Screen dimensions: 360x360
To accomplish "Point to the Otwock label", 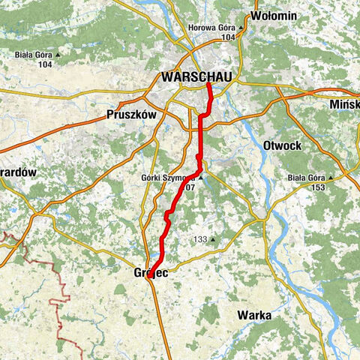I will (x=282, y=143).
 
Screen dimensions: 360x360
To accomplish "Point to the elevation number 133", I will (x=199, y=240).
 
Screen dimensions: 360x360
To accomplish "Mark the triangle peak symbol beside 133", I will (x=213, y=240).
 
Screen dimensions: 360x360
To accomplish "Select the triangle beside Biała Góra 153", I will (x=350, y=178).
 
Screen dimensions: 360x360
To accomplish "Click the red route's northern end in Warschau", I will (x=208, y=83).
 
